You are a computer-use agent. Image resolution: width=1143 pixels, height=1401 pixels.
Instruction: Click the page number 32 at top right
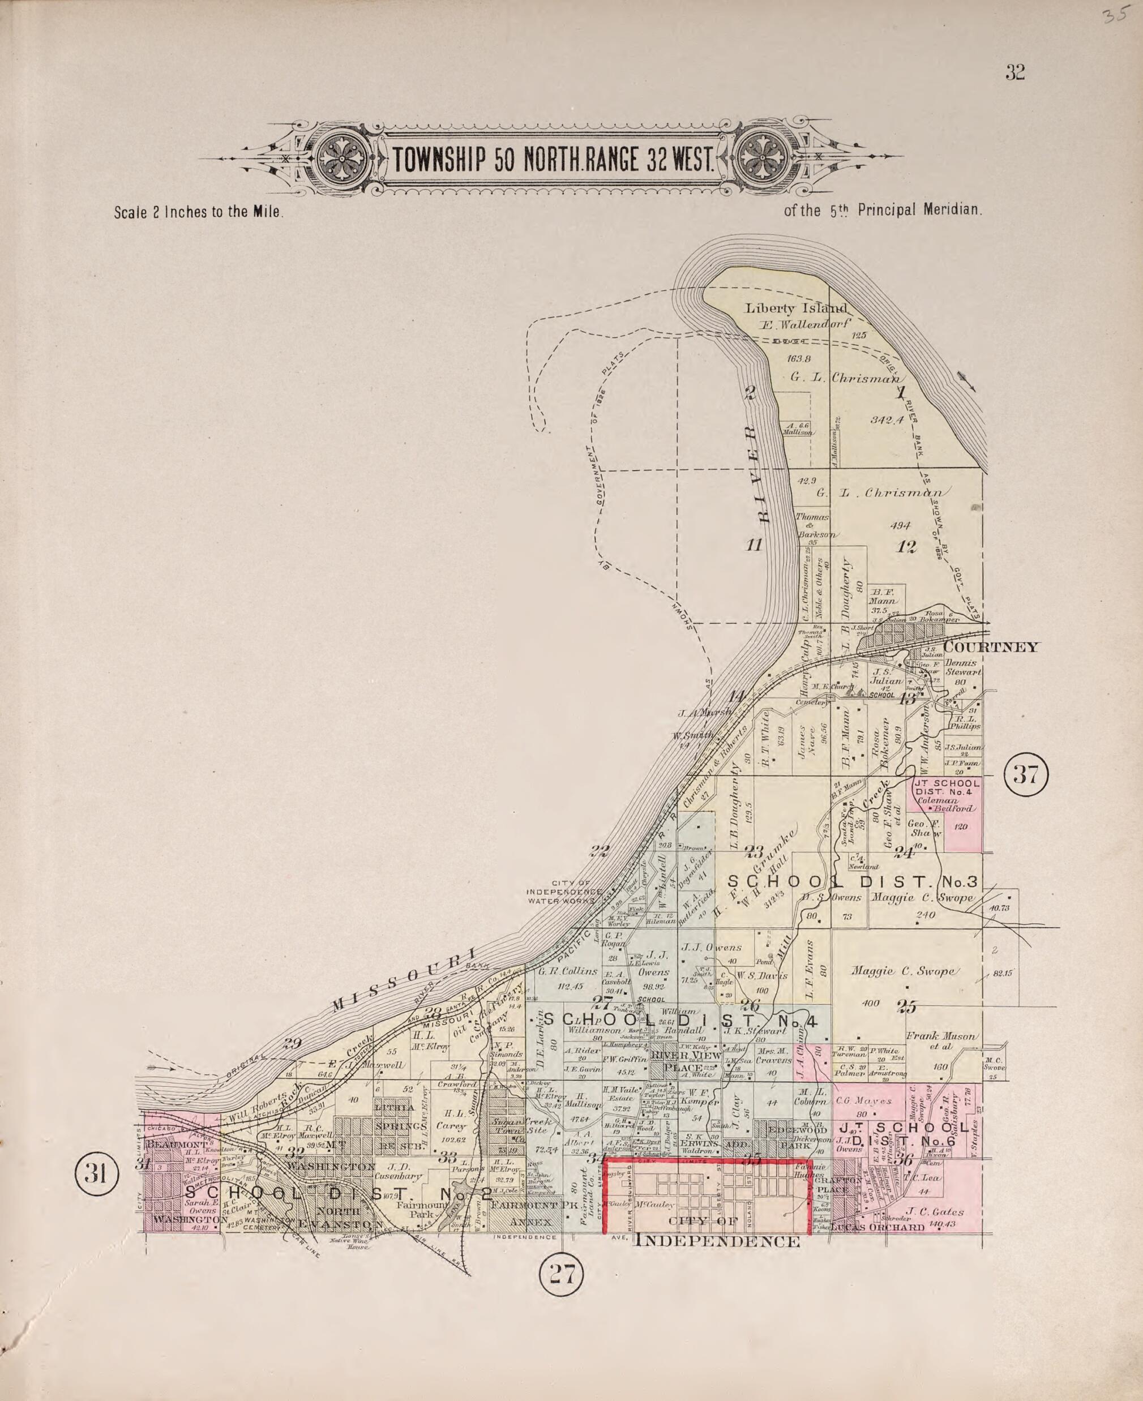pos(1014,72)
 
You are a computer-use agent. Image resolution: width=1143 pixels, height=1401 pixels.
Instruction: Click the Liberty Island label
pos(796,308)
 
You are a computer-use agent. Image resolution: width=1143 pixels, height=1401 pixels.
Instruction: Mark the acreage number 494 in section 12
pos(900,525)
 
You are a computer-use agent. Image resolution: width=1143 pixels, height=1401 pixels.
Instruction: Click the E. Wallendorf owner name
pos(805,324)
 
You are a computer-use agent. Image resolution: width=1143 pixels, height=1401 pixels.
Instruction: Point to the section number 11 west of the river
pos(754,545)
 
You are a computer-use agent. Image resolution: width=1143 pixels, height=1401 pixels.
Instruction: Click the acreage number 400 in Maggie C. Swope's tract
pos(871,1004)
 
